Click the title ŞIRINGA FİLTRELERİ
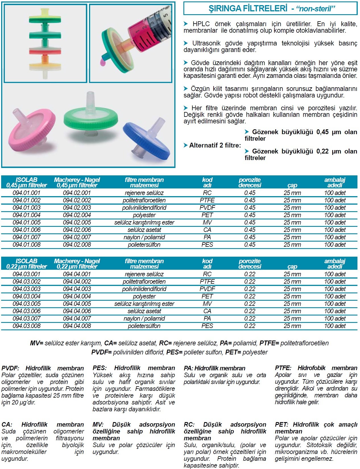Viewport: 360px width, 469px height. click(248, 9)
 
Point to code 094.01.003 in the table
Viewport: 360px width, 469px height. click(27, 208)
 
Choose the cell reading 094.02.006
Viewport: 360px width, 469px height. click(77, 230)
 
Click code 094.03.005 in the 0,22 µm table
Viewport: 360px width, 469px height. click(27, 304)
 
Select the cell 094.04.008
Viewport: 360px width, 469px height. click(77, 326)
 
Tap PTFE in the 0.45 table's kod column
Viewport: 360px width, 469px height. click(207, 200)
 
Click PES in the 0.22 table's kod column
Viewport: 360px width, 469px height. click(207, 326)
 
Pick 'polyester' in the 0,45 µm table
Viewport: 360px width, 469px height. click(144, 215)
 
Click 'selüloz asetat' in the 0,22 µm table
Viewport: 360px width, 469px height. click(144, 311)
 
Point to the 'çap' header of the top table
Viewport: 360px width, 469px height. click(292, 185)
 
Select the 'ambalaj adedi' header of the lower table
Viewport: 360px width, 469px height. click(335, 264)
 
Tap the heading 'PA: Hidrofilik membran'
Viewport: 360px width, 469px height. click(214, 368)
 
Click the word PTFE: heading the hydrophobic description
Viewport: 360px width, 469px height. click(283, 368)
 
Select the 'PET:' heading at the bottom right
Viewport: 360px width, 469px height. click(282, 425)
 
